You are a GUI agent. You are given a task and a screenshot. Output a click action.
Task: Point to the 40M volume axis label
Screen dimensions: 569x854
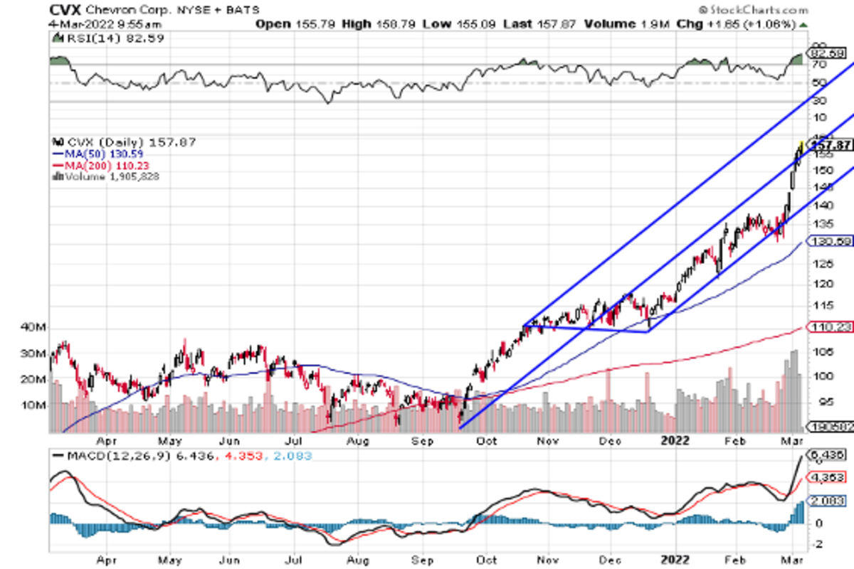click(33, 328)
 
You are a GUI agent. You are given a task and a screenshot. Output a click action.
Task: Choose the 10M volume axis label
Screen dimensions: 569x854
click(33, 405)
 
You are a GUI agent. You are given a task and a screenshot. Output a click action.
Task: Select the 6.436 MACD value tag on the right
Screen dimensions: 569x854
click(828, 454)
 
